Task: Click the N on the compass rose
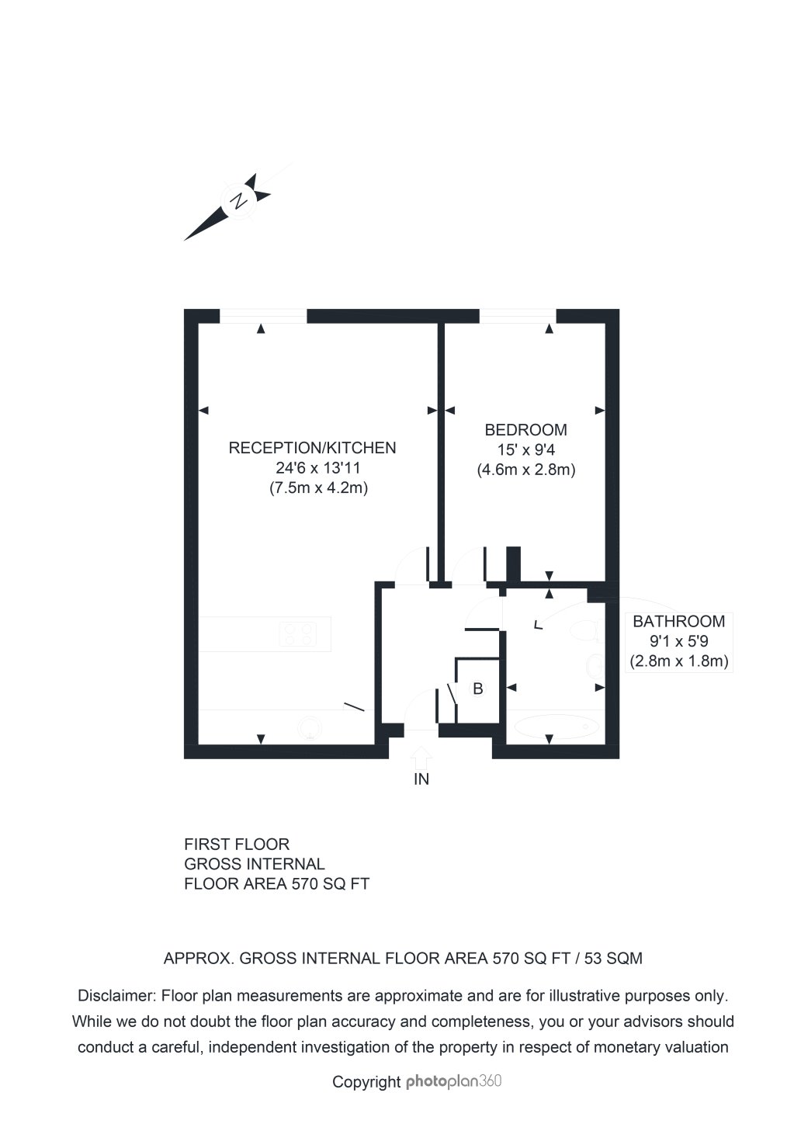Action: click(x=240, y=200)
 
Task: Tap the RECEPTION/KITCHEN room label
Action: click(x=312, y=448)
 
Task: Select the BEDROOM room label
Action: click(x=525, y=430)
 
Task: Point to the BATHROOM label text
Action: click(x=678, y=621)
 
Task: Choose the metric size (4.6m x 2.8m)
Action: click(x=525, y=470)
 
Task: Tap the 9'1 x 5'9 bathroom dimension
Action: click(x=678, y=642)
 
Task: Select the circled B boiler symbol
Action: click(x=478, y=689)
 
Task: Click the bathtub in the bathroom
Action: click(x=556, y=727)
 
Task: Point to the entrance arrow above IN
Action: click(x=421, y=755)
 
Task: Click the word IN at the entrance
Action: click(x=421, y=779)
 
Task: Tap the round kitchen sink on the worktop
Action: click(x=309, y=727)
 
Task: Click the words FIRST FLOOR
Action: click(x=237, y=844)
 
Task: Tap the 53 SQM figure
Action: click(x=613, y=958)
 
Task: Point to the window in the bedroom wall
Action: click(x=518, y=315)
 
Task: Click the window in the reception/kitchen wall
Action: click(x=263, y=315)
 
